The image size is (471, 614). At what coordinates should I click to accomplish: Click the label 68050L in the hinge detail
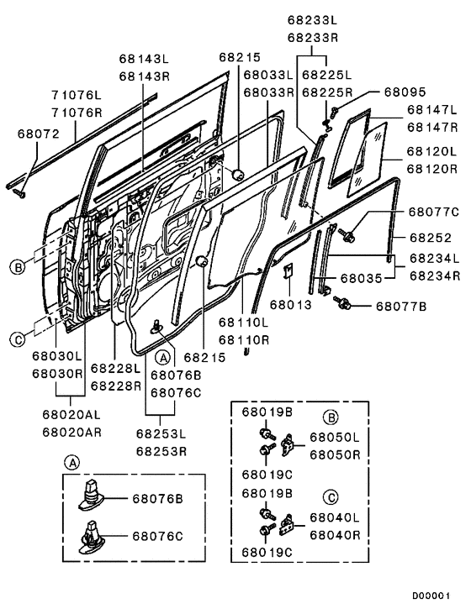(x=334, y=438)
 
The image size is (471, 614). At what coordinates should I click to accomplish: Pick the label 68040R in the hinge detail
(x=334, y=533)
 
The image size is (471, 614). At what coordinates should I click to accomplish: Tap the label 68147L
(x=431, y=110)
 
